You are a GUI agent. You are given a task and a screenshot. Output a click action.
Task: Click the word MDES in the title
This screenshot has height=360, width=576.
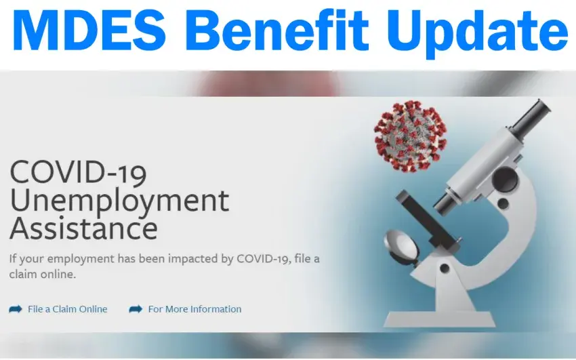click(89, 30)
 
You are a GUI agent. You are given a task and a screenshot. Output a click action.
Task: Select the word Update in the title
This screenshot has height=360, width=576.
click(476, 34)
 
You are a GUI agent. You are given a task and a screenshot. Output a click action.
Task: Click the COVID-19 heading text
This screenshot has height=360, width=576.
click(78, 172)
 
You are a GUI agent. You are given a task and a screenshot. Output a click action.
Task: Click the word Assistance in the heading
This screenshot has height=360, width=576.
click(84, 228)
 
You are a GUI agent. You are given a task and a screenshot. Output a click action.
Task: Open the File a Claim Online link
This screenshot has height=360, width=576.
click(68, 309)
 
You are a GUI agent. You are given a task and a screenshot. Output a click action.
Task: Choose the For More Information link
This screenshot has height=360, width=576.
click(194, 309)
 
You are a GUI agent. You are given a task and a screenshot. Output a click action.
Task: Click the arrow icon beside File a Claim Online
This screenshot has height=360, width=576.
click(16, 309)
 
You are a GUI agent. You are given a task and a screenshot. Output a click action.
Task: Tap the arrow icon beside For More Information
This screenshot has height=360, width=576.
click(136, 309)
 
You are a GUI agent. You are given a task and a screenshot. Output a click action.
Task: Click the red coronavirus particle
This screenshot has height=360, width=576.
click(410, 136)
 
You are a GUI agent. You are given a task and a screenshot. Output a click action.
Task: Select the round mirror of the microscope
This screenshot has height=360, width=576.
click(401, 245)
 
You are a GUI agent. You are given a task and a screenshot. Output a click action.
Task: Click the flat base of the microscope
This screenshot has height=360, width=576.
click(439, 319)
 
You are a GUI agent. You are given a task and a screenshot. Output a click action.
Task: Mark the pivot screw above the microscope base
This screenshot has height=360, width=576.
click(445, 268)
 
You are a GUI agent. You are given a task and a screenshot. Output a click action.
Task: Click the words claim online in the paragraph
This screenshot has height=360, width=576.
click(43, 275)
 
